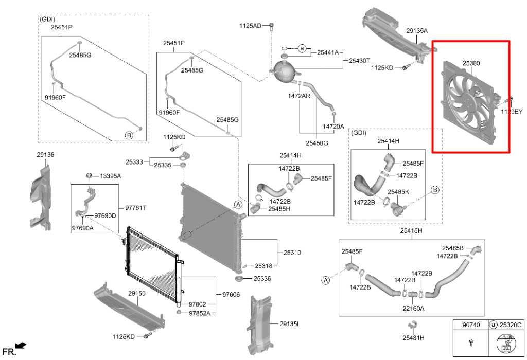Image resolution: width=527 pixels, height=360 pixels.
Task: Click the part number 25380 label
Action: click(471, 63)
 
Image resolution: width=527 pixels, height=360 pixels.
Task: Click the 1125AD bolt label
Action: click(250, 26)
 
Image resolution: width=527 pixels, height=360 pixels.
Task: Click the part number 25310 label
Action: click(292, 253)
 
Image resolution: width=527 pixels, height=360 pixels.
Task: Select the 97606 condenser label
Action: click(231, 295)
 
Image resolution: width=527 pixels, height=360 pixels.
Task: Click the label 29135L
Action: click(290, 323)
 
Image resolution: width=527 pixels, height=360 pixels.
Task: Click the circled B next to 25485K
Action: click(435, 190)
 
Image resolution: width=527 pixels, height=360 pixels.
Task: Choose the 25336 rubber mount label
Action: click(262, 278)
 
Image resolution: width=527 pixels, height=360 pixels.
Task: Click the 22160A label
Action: click(413, 308)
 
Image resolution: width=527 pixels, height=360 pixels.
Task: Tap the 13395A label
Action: click(110, 176)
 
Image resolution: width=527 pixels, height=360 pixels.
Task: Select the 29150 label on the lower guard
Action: click(137, 293)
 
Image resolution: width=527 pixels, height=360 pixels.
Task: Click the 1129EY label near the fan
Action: click(512, 112)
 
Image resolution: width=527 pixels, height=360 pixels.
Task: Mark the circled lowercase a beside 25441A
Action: click(302, 49)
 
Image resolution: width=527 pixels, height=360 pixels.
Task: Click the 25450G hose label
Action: click(317, 143)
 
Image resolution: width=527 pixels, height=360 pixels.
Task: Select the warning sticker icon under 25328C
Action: click(506, 344)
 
